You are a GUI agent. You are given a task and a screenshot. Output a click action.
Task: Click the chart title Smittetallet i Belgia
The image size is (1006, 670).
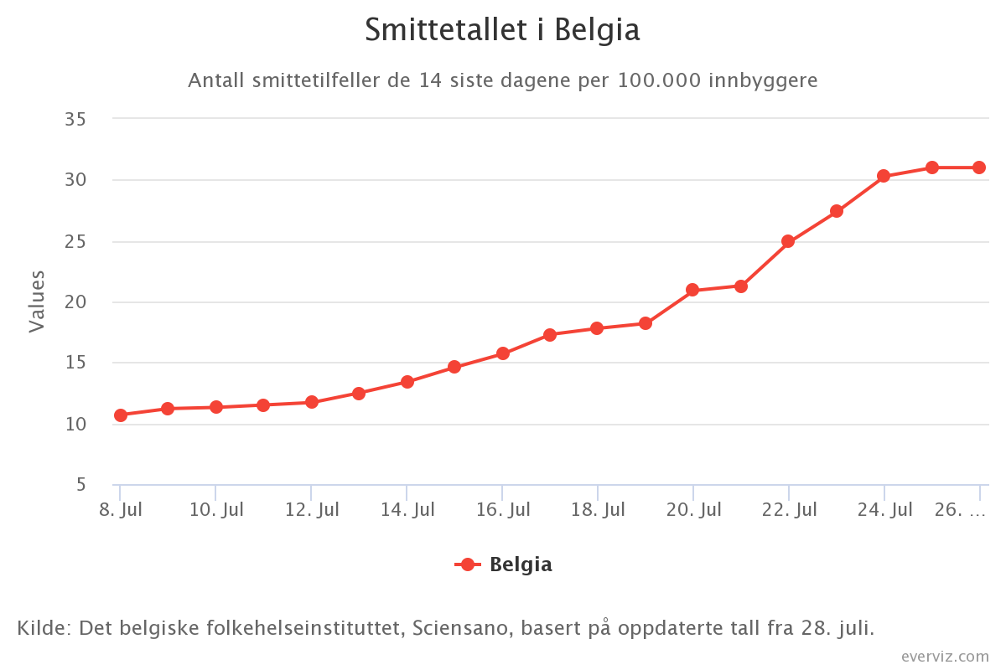(x=502, y=31)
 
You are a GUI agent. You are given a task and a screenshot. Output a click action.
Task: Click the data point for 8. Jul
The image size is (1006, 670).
(x=121, y=415)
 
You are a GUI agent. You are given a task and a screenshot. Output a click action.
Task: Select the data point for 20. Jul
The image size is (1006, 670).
(x=692, y=290)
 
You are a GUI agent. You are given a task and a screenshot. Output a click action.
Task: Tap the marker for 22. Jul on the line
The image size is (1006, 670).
(x=788, y=241)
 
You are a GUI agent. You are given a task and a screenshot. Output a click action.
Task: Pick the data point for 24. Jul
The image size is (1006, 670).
(x=884, y=176)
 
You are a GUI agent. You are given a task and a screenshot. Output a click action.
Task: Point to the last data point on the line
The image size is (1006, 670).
(x=978, y=167)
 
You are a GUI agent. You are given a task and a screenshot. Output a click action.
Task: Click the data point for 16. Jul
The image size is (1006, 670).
(x=502, y=353)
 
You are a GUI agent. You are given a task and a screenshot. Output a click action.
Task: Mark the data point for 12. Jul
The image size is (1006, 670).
(x=312, y=402)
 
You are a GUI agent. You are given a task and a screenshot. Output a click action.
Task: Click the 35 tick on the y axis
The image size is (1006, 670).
(x=75, y=119)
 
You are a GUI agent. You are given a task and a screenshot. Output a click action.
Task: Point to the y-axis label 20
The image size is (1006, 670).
(x=75, y=302)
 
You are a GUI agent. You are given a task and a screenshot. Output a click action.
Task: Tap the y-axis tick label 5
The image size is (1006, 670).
(x=80, y=485)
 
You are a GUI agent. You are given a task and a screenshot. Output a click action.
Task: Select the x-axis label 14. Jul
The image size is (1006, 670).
(x=407, y=509)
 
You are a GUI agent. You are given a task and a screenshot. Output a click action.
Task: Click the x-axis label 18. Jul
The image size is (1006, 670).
(x=597, y=509)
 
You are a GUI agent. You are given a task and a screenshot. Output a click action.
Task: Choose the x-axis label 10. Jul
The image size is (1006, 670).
(x=216, y=509)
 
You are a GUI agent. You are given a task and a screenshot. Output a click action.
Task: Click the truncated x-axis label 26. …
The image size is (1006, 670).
(x=959, y=509)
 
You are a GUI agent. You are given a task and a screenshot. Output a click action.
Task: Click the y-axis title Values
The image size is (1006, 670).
(x=36, y=301)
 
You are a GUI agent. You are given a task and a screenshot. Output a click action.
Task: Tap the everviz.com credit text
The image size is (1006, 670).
(x=945, y=656)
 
